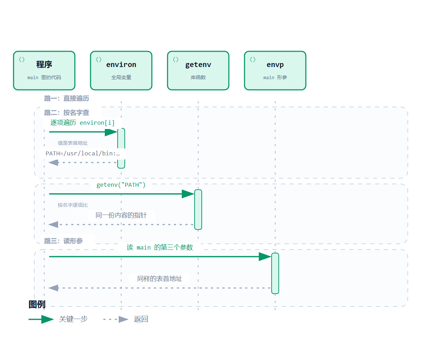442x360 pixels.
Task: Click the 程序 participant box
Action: pyautogui.click(x=44, y=71)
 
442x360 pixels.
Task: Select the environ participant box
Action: pyautogui.click(x=121, y=71)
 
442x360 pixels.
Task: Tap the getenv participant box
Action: pyautogui.click(x=198, y=71)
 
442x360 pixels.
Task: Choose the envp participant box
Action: pyautogui.click(x=275, y=71)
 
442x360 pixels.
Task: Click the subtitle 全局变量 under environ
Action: pyautogui.click(x=121, y=77)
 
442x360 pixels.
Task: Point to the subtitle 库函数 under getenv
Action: pyautogui.click(x=198, y=77)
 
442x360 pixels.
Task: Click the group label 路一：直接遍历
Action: pyautogui.click(x=66, y=98)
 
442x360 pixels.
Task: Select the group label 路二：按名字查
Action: pyautogui.click(x=66, y=113)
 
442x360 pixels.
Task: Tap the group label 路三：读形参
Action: pyautogui.click(x=63, y=241)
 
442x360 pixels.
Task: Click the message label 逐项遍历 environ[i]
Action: pyautogui.click(x=82, y=123)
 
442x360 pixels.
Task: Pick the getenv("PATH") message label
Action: pyautogui.click(x=121, y=185)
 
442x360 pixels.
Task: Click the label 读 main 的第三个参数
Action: pyautogui.click(x=160, y=247)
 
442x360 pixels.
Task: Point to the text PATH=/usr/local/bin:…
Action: pyautogui.click(x=83, y=153)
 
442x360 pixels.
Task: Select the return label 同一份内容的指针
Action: pyautogui.click(x=121, y=215)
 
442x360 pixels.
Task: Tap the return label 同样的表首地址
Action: pyautogui.click(x=160, y=279)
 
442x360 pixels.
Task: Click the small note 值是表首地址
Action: pyautogui.click(x=73, y=143)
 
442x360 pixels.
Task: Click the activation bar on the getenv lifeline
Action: pyautogui.click(x=198, y=210)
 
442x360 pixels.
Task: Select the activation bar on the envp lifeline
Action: pyautogui.click(x=275, y=273)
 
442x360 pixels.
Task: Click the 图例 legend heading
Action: pyautogui.click(x=37, y=304)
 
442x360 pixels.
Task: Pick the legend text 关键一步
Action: pyautogui.click(x=73, y=319)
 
